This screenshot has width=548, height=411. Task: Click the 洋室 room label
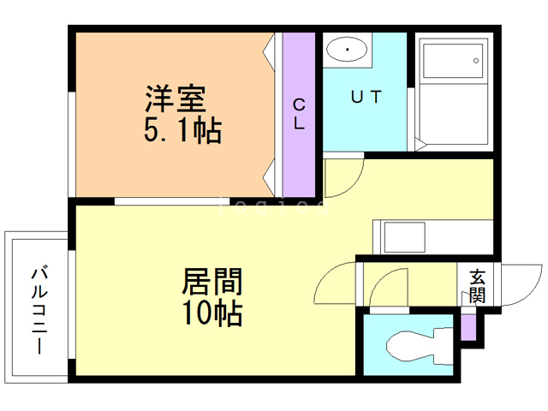click(176, 98)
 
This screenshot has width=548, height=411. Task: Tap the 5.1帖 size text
click(182, 129)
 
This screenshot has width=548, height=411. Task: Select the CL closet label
click(299, 114)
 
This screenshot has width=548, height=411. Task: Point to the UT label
click(366, 97)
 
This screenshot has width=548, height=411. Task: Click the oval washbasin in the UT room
click(347, 50)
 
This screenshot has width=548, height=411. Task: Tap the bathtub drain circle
click(476, 61)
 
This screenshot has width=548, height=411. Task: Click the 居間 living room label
click(212, 282)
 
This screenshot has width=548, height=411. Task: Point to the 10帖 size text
click(212, 313)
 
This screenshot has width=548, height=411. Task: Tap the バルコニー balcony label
click(39, 310)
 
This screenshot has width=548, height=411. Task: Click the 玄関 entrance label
click(478, 286)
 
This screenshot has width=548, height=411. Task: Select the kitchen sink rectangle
click(405, 237)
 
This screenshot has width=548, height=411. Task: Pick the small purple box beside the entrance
click(468, 327)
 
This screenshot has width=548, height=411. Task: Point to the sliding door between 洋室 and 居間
click(172, 201)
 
